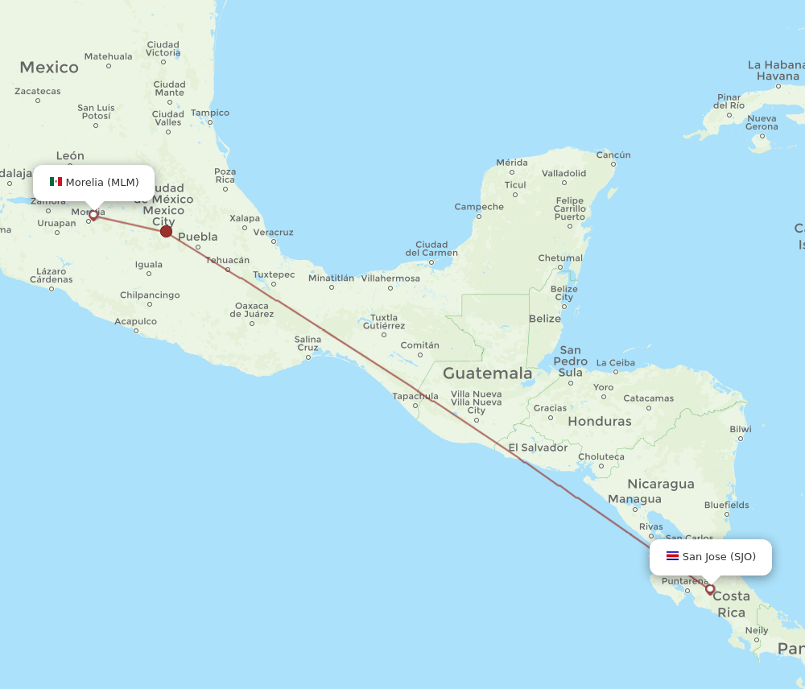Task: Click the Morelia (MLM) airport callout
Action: point(93,182)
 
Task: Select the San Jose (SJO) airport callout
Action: point(710,556)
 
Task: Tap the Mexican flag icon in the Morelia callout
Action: point(56,182)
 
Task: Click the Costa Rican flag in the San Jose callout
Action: point(672,556)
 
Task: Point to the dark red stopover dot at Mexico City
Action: point(166,232)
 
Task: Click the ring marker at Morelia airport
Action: point(93,215)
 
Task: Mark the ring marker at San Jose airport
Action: point(710,589)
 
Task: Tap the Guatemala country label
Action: point(487,373)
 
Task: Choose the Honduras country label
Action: point(600,421)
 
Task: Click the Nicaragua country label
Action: point(661,484)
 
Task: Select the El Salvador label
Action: point(538,448)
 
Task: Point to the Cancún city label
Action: point(613,155)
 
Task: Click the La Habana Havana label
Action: point(777,71)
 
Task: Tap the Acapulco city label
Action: point(135,321)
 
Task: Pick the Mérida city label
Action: point(512,163)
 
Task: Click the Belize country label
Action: point(545,319)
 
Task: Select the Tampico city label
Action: point(210,113)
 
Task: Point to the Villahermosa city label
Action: point(390,278)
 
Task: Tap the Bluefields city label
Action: point(726,505)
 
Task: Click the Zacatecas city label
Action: point(38,91)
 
